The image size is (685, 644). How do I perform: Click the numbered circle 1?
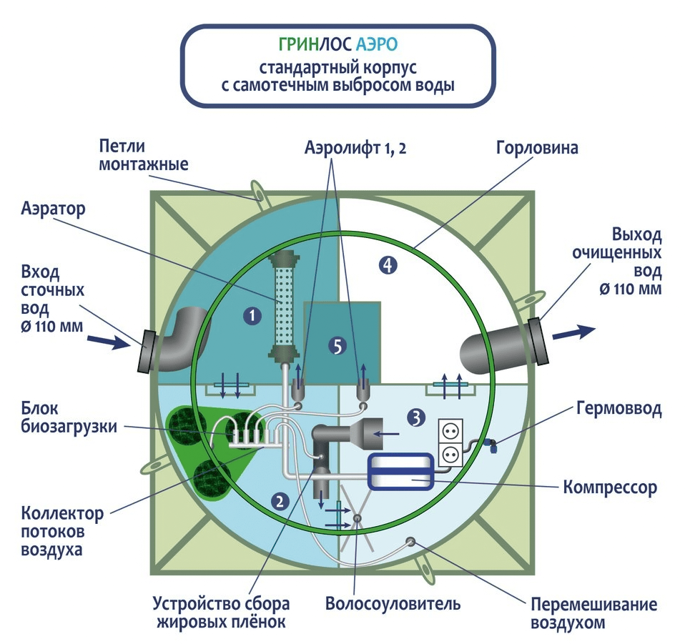[x=252, y=316]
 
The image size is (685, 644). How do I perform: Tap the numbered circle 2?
[x=280, y=501]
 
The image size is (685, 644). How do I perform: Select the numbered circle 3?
[x=416, y=418]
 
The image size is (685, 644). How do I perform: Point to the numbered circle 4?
[x=388, y=264]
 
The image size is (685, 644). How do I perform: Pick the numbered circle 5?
[x=337, y=346]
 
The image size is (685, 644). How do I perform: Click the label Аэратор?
[x=53, y=209]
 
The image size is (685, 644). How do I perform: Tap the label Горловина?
[x=537, y=148]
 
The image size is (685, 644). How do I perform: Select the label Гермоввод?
[x=619, y=409]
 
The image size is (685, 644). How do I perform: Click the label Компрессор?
[x=610, y=487]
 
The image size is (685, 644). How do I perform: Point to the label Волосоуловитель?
[x=393, y=604]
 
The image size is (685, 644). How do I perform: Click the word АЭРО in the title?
[x=377, y=44]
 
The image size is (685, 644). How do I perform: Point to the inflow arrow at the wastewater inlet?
[x=107, y=341]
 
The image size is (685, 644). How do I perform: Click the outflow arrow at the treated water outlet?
[x=574, y=332]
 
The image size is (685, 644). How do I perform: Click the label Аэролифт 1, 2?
[x=355, y=149]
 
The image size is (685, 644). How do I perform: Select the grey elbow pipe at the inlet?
[x=182, y=339]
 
